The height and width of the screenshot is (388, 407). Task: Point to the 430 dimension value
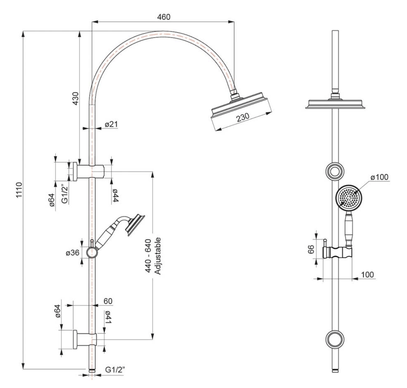[75, 99]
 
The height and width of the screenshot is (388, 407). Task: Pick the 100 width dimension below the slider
[367, 274]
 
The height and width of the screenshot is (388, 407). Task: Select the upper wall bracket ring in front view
[335, 171]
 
